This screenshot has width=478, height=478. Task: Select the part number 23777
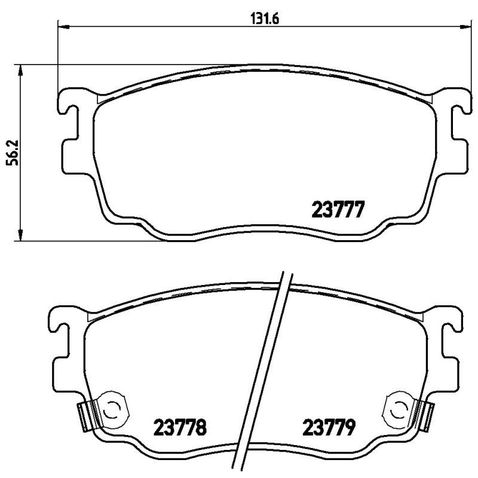point(338,210)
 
